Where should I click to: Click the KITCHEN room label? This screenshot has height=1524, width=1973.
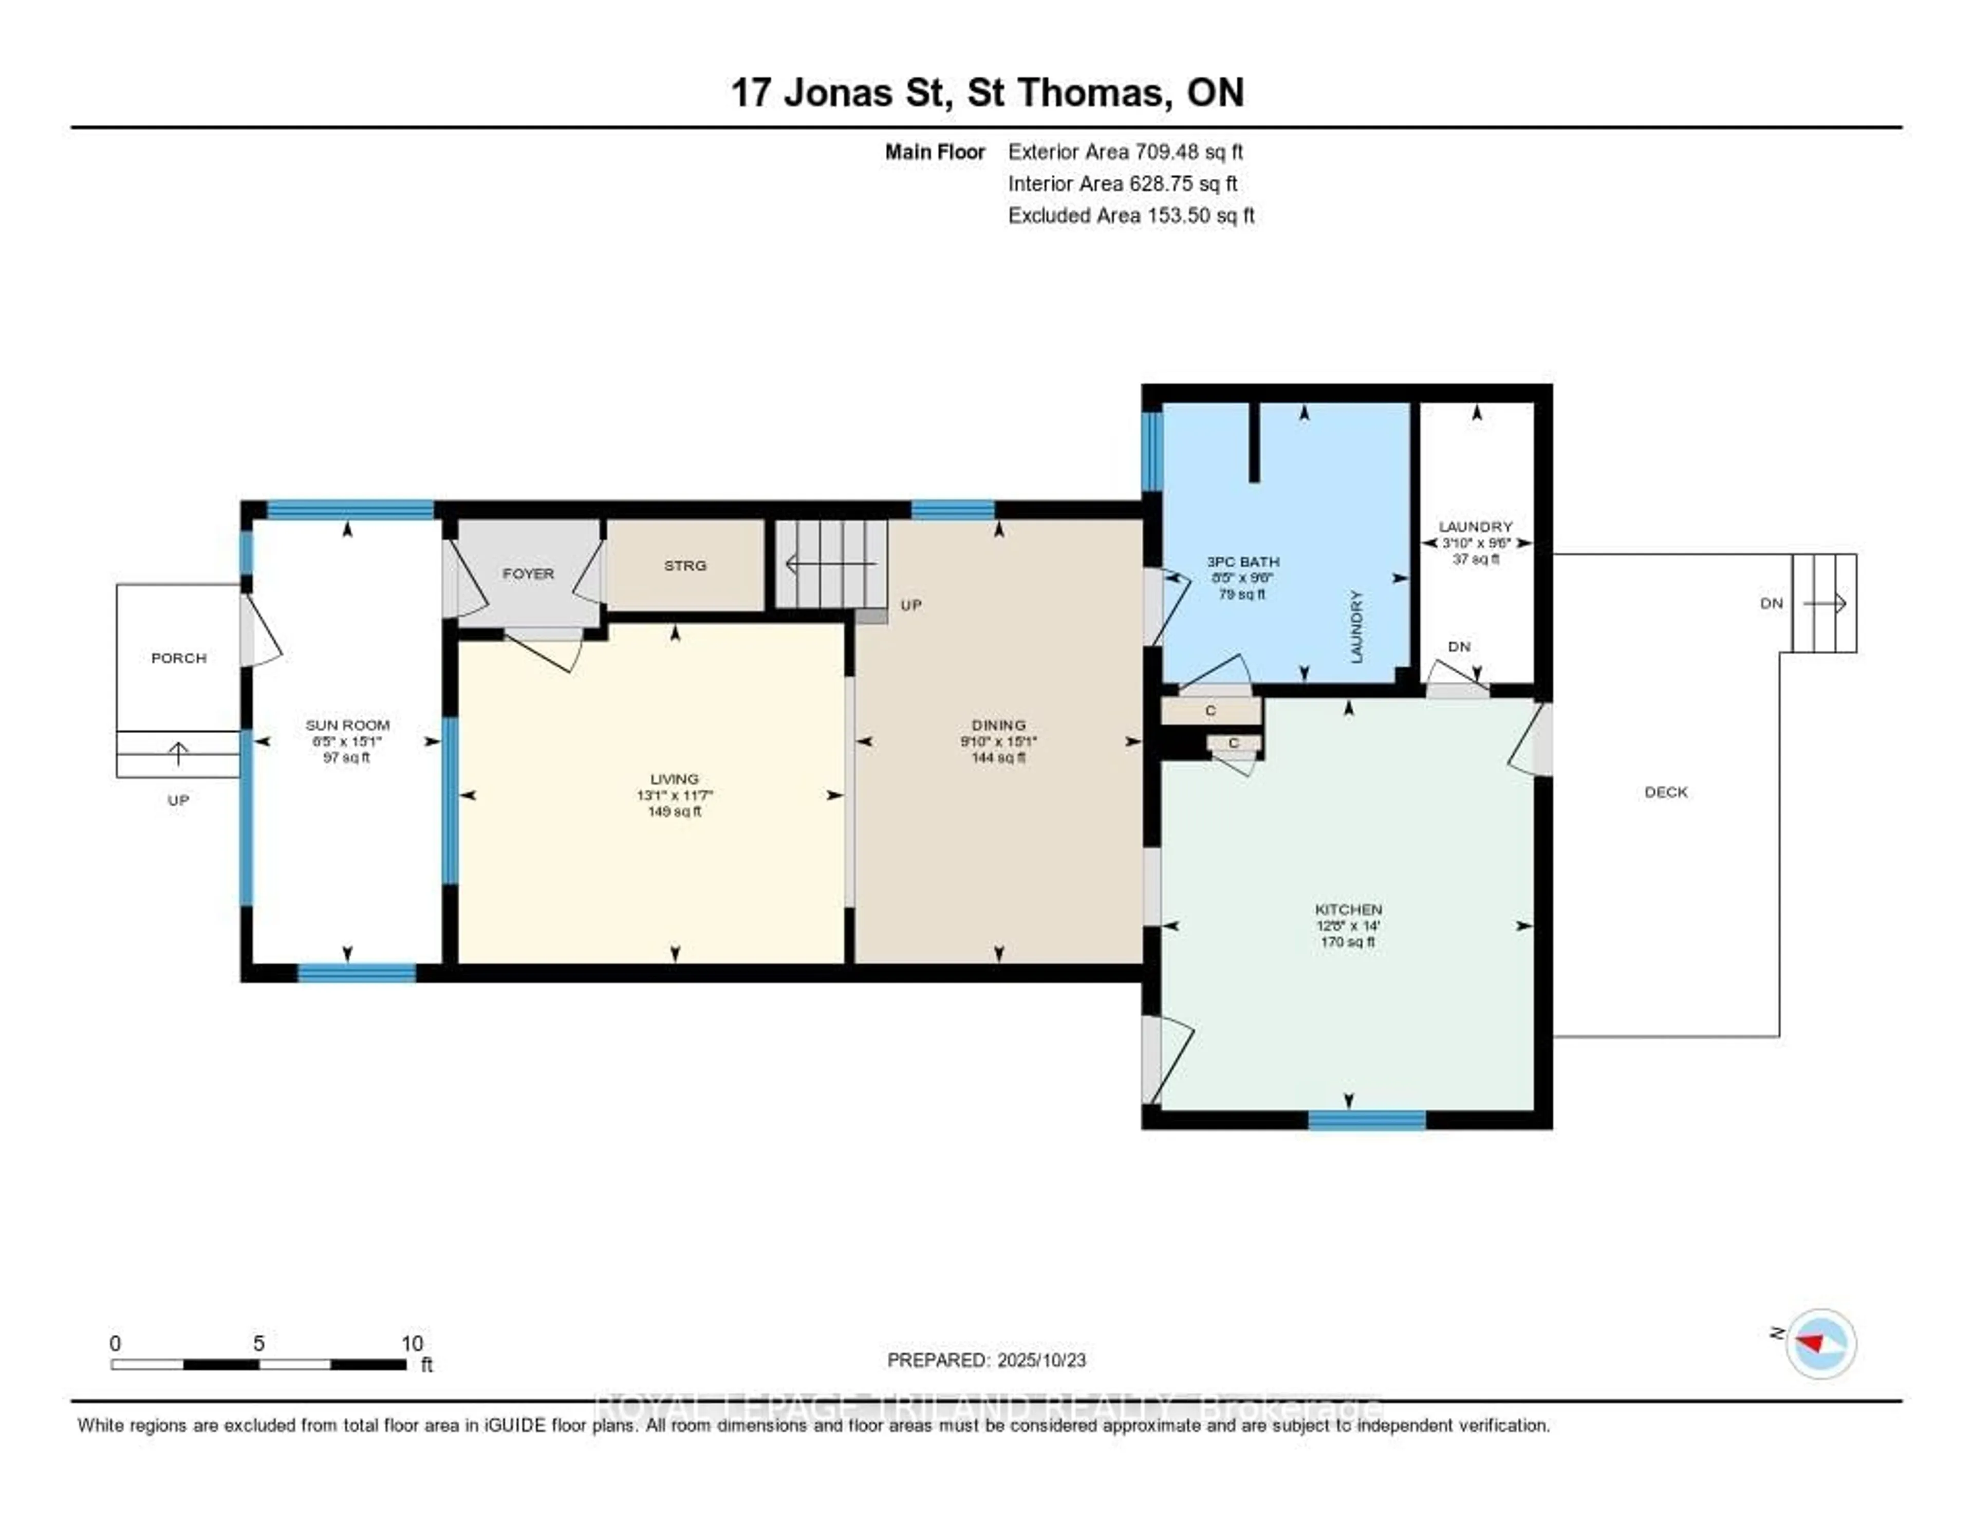1348,909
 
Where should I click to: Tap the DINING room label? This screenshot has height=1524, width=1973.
998,724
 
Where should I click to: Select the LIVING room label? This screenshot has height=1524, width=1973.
674,779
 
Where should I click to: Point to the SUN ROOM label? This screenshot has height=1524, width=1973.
347,724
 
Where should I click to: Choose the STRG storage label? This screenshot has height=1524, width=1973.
685,566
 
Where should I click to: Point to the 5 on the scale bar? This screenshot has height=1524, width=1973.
258,1343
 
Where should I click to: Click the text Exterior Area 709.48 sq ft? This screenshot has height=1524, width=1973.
1126,152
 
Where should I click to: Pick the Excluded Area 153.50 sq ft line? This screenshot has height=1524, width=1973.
1131,215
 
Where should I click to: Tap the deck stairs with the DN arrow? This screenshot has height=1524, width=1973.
1824,603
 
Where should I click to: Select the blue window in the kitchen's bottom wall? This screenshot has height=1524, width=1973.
1367,1120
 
